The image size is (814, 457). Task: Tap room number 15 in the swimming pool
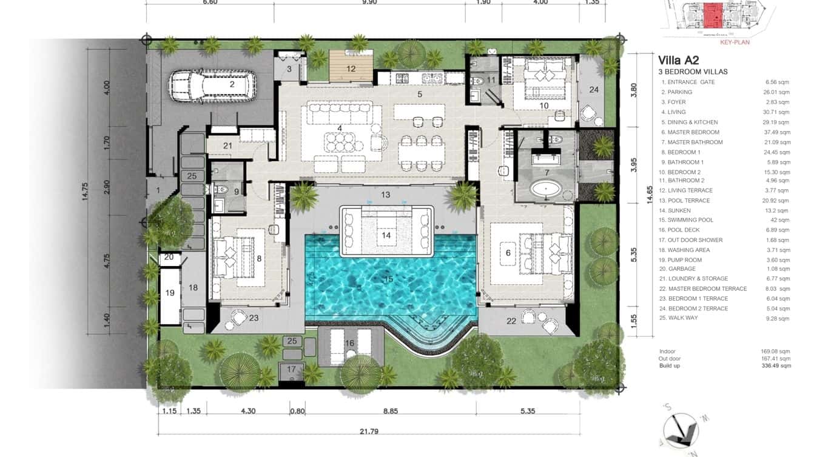(x=389, y=279)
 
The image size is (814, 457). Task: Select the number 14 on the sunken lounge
(x=386, y=235)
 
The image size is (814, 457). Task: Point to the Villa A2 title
(x=679, y=59)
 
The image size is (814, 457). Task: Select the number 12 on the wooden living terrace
(x=351, y=68)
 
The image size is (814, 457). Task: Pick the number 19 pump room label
(x=170, y=293)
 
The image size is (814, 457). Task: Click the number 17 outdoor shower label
(x=292, y=369)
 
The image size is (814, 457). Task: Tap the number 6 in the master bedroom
(x=508, y=253)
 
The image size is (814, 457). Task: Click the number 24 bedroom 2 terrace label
(x=594, y=90)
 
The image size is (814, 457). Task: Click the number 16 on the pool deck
(x=349, y=344)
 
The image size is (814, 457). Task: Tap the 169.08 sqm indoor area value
(x=776, y=352)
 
